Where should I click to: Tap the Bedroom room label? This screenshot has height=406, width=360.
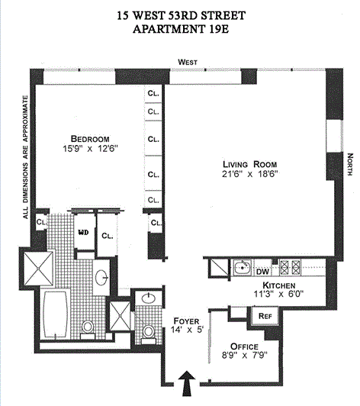pos(90,139)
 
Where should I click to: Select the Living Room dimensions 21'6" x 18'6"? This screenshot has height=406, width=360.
pos(249,174)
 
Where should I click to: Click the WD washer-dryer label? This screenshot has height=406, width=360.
pos(83,233)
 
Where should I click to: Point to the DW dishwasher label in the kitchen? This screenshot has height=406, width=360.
pos(262,272)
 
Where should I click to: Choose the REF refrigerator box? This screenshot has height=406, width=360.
pos(265,316)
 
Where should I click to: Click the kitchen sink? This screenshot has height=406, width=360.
pos(243,267)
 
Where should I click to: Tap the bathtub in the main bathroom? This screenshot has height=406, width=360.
pos(56,314)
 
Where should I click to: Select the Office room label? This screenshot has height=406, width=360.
pos(244,346)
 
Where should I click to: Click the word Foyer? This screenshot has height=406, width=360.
pos(186,321)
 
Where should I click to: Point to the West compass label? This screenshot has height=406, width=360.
pos(188,62)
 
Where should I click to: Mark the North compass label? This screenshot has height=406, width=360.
pos(350,164)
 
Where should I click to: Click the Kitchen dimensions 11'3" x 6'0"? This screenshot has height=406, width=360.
pos(278,294)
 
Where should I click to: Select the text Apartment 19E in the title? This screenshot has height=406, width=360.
pos(181,29)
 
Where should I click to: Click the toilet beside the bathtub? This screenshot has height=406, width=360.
pos(88,330)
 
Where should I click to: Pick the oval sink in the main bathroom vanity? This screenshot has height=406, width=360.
pos(101,277)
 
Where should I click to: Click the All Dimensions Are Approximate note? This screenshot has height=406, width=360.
pos(25,157)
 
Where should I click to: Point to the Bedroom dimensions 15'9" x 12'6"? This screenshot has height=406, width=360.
pos(90,149)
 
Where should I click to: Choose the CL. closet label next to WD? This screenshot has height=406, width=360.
pos(107,236)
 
